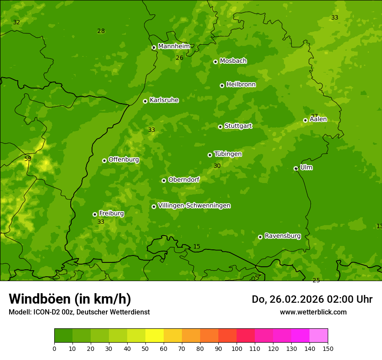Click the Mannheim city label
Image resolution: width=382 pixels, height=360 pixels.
174,46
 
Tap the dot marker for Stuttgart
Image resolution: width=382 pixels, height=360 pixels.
220,127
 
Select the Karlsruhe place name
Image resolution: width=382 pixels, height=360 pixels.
164,100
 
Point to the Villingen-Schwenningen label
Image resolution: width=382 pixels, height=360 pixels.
194,206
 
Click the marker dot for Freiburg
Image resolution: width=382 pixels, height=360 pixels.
95,214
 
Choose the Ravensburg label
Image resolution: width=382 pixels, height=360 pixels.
282,236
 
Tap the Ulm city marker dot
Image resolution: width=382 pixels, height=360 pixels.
296,168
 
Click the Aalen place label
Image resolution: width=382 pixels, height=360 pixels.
318,119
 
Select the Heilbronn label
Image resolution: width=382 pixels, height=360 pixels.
241,85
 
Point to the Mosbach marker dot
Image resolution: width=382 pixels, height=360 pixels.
215,62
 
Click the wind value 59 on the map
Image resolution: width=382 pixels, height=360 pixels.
28,159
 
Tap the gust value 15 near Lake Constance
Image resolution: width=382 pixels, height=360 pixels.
197,247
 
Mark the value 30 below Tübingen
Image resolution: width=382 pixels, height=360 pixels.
217,166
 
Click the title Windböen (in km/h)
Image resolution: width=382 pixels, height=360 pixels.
70,299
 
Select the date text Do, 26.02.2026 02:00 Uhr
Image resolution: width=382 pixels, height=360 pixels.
312,299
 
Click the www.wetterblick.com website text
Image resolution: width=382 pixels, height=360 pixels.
313,312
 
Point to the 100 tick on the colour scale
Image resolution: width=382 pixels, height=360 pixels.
237,348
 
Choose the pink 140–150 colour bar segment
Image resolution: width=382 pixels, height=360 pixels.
319,336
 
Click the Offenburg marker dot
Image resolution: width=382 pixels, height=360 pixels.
104,160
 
